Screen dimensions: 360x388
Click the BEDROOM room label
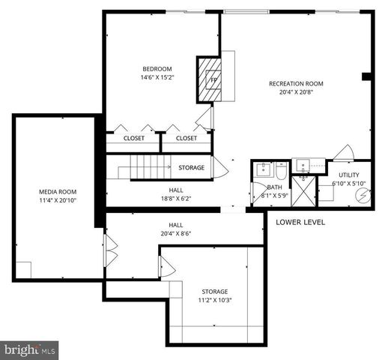coord(157,68)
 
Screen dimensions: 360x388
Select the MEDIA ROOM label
coord(57,192)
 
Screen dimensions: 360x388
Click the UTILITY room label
coord(348,175)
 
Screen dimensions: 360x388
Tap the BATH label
coord(274,187)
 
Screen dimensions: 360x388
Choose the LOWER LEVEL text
coord(300,222)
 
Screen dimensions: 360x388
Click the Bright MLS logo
coord(30,349)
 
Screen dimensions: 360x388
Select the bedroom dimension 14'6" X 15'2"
coord(157,77)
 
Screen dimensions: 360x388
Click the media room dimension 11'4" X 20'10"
coord(57,201)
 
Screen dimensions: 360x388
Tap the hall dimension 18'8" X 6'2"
coord(176,199)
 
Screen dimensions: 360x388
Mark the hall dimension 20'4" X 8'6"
coord(176,234)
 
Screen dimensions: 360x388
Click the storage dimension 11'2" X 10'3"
coord(214,301)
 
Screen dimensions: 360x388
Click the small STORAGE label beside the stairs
coord(191,167)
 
